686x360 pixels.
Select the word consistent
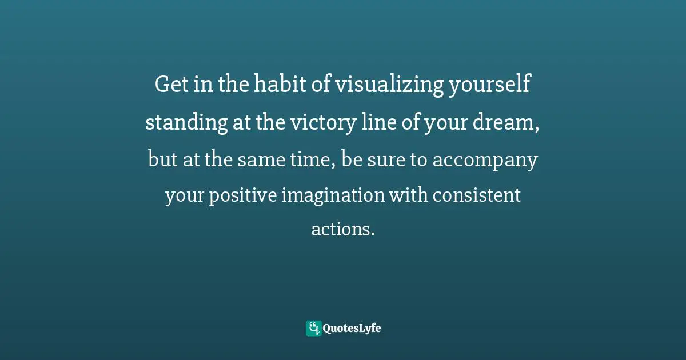(x=476, y=196)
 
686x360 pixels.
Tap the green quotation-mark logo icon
(x=313, y=329)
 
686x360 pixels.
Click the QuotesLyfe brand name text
(x=352, y=329)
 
